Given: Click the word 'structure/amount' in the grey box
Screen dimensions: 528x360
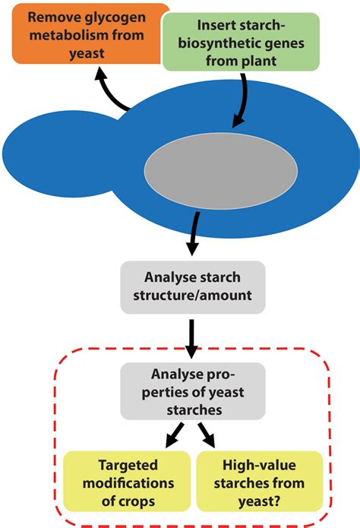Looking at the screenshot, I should (x=193, y=294).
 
